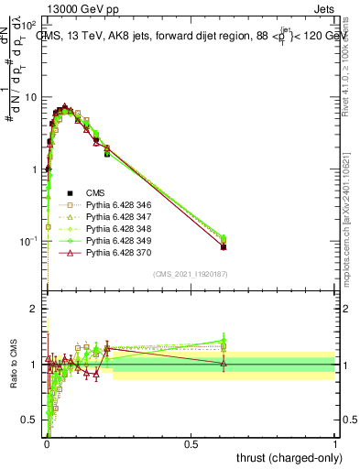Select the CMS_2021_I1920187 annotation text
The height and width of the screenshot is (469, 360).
(x=191, y=274)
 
